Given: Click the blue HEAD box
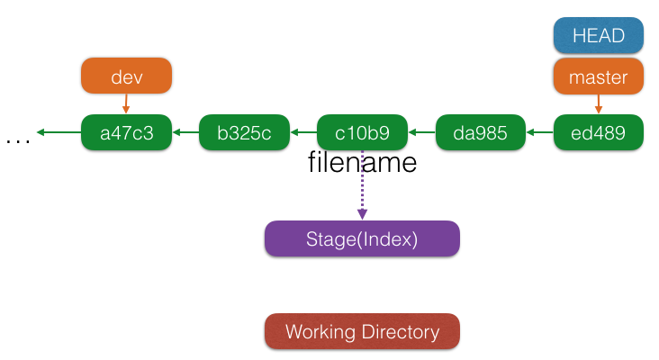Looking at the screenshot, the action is coord(598,35).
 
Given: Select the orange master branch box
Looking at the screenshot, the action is coord(598,76).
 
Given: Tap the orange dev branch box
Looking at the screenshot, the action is coord(127,76).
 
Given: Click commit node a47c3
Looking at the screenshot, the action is coord(127,132).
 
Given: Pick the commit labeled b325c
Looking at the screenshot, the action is coord(244,132).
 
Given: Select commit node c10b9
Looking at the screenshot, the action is coord(362,132).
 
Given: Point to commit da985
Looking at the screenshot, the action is coord(481,132).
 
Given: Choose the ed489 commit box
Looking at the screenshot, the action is coord(598,132).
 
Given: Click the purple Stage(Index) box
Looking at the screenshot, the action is coord(362,238).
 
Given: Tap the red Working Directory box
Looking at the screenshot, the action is coord(362,331).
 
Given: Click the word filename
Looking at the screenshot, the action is coord(362,162).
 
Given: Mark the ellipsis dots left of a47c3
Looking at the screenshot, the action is coord(18,141).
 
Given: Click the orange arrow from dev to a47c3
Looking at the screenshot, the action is coord(126,103).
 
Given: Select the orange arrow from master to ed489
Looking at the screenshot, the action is coord(599,104).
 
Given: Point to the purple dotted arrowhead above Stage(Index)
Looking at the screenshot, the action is coord(362,213).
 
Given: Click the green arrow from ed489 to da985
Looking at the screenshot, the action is coord(539,132).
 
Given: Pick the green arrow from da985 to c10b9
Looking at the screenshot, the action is coord(422,132).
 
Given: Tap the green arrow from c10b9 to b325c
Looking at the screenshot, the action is coord(303,132).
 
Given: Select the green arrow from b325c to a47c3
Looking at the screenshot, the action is coord(185,132).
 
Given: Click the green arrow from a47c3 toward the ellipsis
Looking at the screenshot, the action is coord(59,132).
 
